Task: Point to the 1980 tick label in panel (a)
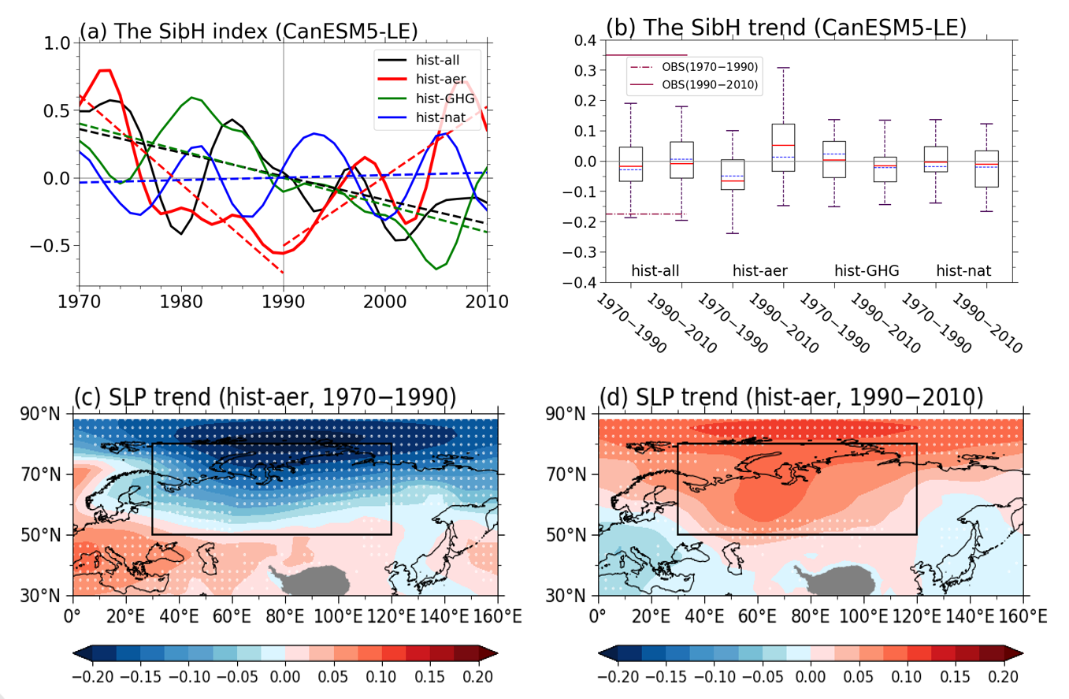pyautogui.click(x=180, y=302)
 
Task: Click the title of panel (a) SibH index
pyautogui.click(x=248, y=31)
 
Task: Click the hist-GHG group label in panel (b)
pyautogui.click(x=867, y=271)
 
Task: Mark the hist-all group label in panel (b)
pyautogui.click(x=656, y=271)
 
